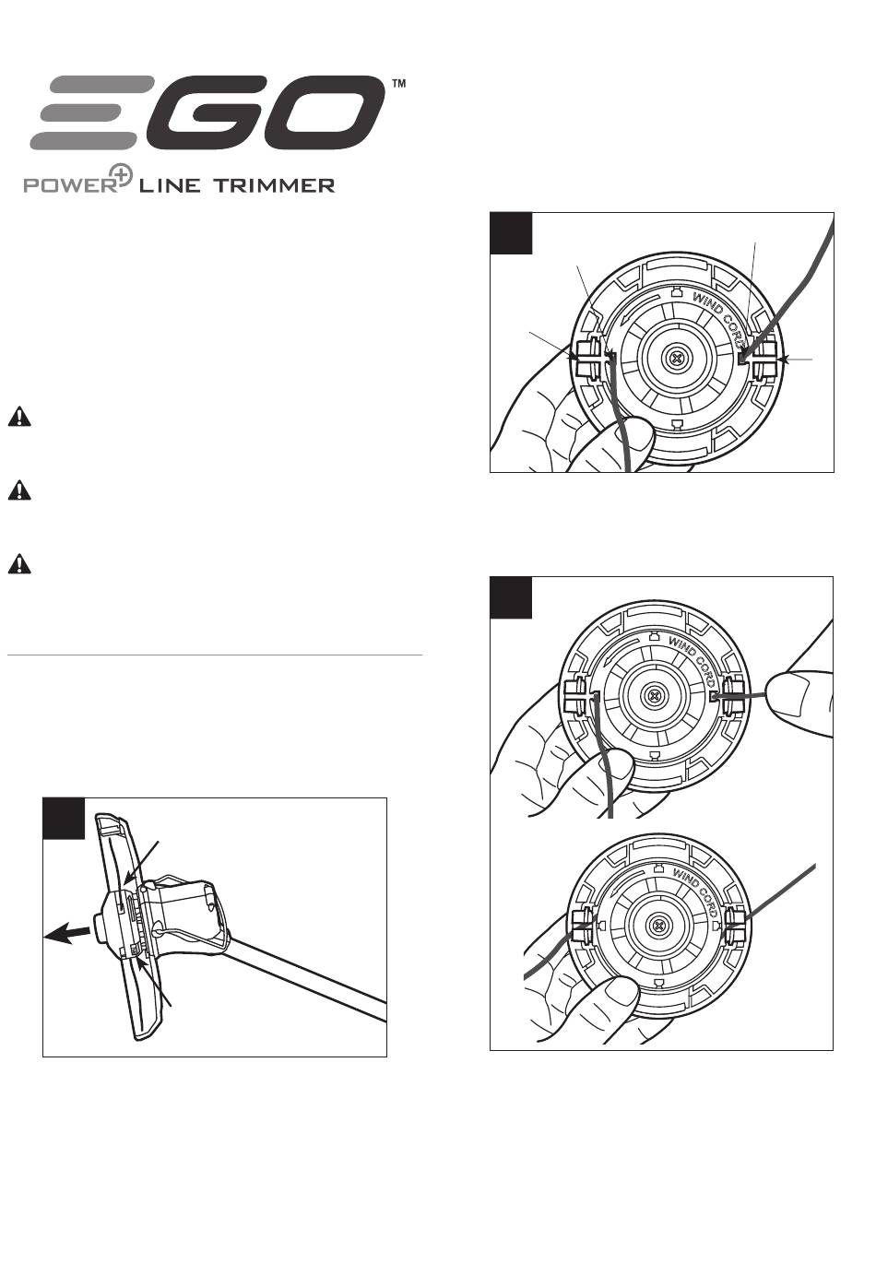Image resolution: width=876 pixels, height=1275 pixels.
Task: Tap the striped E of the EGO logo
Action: pos(92,112)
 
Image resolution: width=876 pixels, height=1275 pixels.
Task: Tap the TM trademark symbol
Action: pos(399,84)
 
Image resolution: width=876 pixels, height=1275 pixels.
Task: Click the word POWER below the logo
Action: pos(69,185)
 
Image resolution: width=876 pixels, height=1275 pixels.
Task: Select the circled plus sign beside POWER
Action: pos(120,175)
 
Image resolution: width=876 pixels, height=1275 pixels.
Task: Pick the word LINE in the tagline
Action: pos(169,185)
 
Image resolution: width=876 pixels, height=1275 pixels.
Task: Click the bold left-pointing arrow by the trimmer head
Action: pos(67,935)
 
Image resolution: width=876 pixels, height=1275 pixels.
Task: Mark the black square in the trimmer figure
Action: pos(64,819)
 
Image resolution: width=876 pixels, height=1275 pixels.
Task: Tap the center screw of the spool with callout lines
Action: pos(676,359)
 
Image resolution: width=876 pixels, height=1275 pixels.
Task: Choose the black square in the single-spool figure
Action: pos(511,233)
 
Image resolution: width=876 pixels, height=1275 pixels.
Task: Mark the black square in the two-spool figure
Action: pos(511,597)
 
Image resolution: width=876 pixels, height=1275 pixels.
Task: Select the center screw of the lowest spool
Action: pos(660,926)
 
